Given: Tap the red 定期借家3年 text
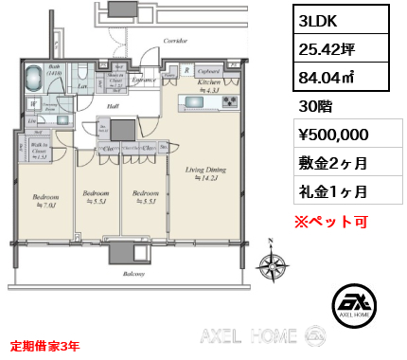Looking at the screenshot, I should [x=45, y=346].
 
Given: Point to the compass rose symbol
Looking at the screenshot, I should [x=273, y=267].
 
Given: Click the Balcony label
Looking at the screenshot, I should [x=132, y=274].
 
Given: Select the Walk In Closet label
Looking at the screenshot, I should [x=41, y=148].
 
